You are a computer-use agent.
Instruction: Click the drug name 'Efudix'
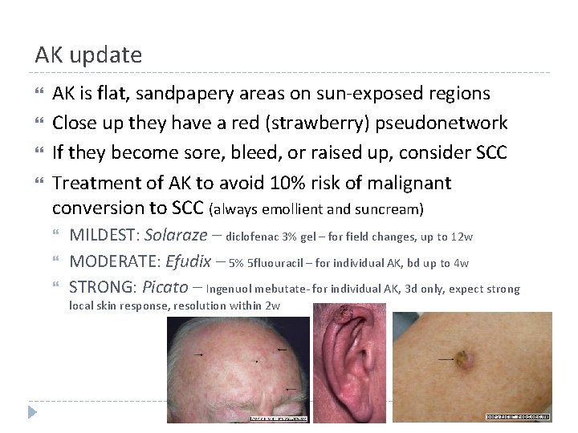coord(189,262)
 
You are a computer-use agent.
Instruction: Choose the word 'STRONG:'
coord(102,288)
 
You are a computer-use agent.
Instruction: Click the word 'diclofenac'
coord(253,237)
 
